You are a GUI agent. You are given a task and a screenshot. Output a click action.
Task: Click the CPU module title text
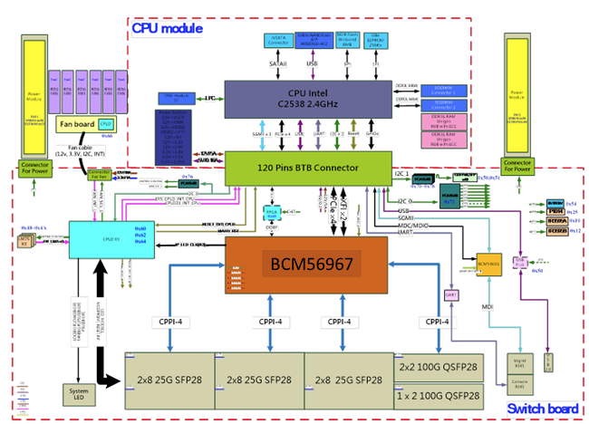(x=167, y=28)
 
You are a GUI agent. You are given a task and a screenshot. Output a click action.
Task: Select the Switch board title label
(x=542, y=410)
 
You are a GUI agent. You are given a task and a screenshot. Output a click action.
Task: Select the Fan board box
(x=84, y=124)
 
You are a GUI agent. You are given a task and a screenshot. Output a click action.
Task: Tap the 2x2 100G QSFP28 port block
(x=439, y=367)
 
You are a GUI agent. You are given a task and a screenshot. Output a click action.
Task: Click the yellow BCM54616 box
(x=489, y=264)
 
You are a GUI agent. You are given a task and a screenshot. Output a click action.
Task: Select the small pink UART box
(x=450, y=294)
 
